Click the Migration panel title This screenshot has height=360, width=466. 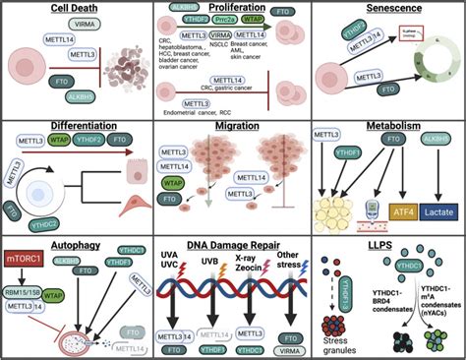point(233,128)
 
